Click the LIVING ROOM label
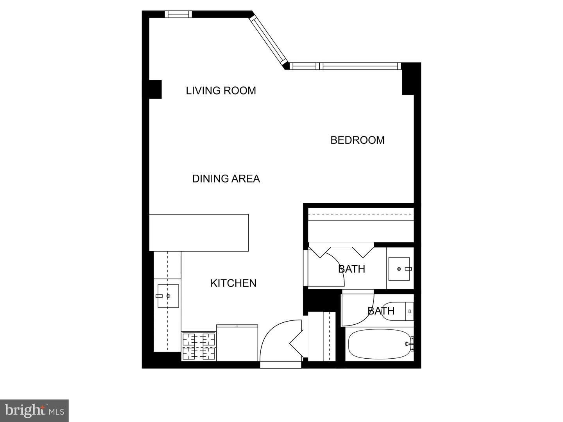pos(221,91)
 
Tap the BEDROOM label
pos(357,140)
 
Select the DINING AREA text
pos(226,179)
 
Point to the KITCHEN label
pos(233,283)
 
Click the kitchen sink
pos(168,296)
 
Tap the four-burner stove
pos(199,346)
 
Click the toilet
pos(398,311)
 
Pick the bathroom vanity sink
pos(399,269)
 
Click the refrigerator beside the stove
pos(237,343)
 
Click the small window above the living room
pos(178,14)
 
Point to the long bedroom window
pos(346,66)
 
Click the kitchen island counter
pos(199,232)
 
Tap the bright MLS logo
pos(34,410)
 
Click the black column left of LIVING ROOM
pos(155,89)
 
